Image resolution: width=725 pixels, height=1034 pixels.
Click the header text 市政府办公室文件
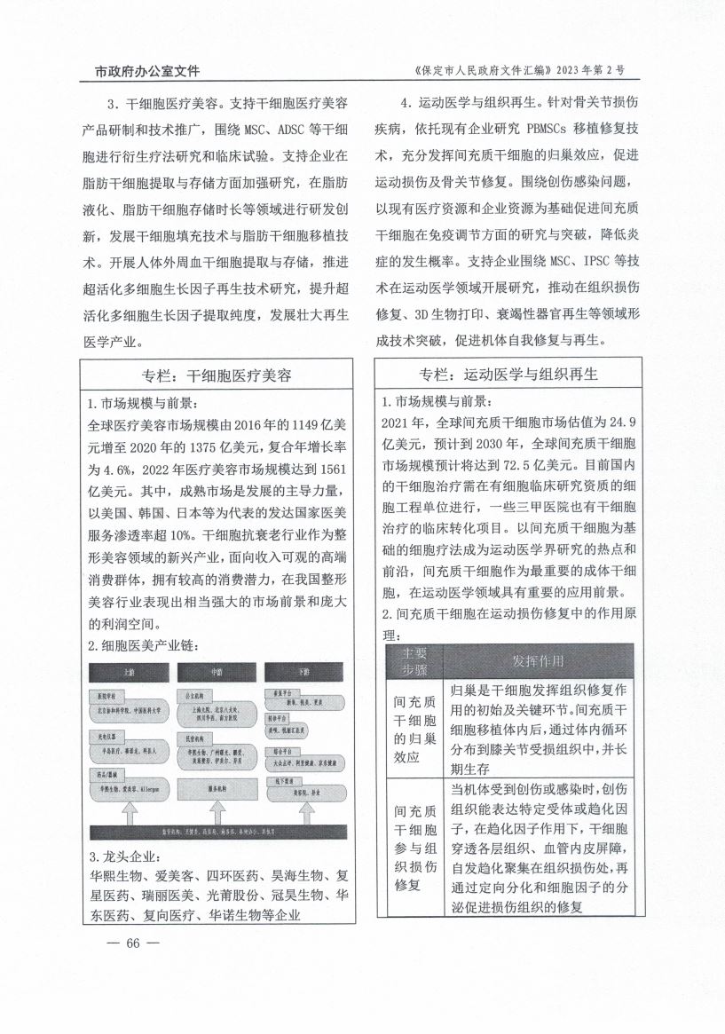click(x=147, y=71)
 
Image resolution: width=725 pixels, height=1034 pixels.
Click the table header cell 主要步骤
click(x=414, y=661)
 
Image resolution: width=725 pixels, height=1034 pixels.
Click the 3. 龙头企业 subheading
click(x=124, y=856)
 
